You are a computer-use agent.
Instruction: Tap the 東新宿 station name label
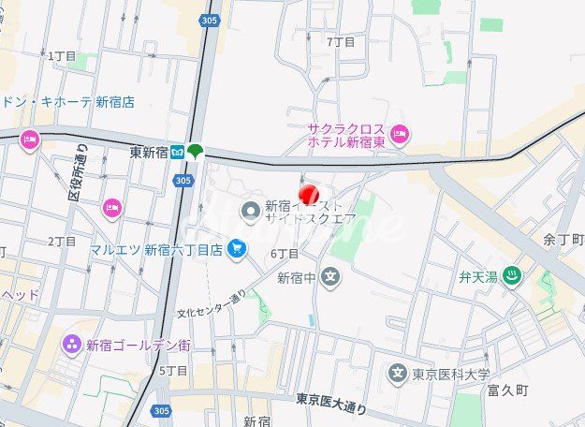pyautogui.click(x=148, y=152)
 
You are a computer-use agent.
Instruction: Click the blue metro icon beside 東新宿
pyautogui.click(x=176, y=153)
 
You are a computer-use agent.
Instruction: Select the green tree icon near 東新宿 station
pyautogui.click(x=194, y=151)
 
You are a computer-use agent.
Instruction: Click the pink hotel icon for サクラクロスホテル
pyautogui.click(x=401, y=135)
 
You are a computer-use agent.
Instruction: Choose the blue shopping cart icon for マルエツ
pyautogui.click(x=238, y=249)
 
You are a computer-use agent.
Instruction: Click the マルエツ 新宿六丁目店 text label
pyautogui.click(x=157, y=250)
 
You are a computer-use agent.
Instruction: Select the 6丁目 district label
pyautogui.click(x=284, y=254)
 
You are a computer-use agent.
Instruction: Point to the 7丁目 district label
pyautogui.click(x=341, y=42)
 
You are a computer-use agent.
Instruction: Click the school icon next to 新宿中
pyautogui.click(x=329, y=277)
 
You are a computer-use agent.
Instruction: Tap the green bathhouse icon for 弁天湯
pyautogui.click(x=512, y=276)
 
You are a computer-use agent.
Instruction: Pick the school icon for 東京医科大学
pyautogui.click(x=399, y=375)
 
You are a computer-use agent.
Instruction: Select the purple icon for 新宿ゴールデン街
pyautogui.click(x=72, y=346)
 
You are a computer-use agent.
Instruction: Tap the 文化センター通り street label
pyautogui.click(x=212, y=302)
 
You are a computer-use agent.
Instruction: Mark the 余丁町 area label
pyautogui.click(x=563, y=240)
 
